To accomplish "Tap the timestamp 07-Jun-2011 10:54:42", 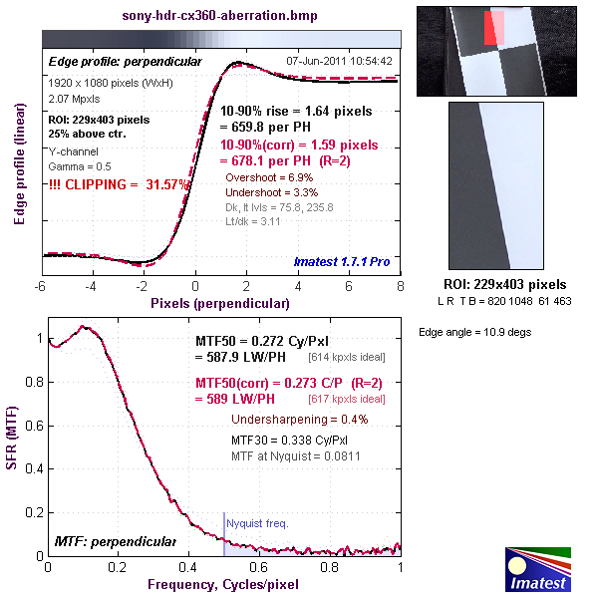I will pyautogui.click(x=339, y=61).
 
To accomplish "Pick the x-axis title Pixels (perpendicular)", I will pyautogui.click(x=220, y=300).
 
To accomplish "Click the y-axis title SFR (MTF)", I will pyautogui.click(x=13, y=443).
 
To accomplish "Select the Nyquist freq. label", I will pyautogui.click(x=253, y=521).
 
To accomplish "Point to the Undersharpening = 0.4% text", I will pyautogui.click(x=300, y=419).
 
